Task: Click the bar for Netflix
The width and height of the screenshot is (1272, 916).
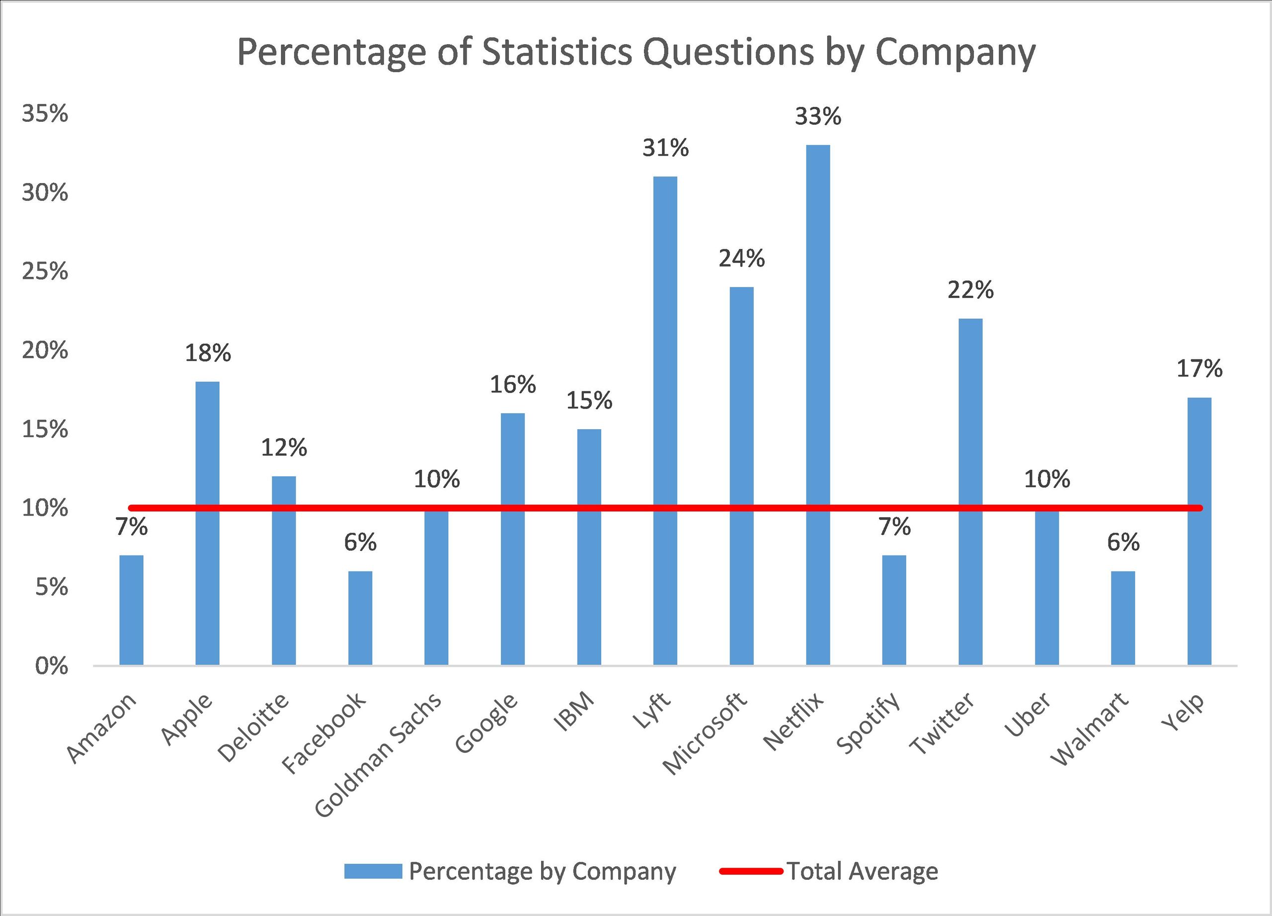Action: click(x=818, y=404)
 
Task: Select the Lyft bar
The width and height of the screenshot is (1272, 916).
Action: click(x=665, y=421)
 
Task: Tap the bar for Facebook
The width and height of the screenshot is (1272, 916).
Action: click(x=360, y=618)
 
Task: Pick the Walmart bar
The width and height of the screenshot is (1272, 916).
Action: click(x=1123, y=618)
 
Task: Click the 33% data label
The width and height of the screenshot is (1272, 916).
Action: click(x=818, y=117)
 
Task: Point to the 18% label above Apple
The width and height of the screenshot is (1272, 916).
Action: click(x=208, y=354)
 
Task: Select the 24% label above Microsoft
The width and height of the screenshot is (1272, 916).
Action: click(x=741, y=259)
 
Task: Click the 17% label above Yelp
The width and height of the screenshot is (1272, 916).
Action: click(x=1199, y=369)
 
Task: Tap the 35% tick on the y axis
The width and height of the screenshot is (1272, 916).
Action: click(x=45, y=114)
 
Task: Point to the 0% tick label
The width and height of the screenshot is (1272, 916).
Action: click(x=51, y=667)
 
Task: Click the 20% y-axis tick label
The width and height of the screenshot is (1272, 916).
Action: click(x=45, y=351)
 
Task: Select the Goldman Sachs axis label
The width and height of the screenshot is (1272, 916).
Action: click(x=379, y=755)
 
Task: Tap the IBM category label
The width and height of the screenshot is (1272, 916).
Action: click(x=573, y=712)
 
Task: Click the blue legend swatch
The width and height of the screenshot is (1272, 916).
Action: click(x=373, y=871)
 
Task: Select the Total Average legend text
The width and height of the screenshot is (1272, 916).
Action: click(x=862, y=871)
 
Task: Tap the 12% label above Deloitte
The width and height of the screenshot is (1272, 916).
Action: click(x=284, y=448)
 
